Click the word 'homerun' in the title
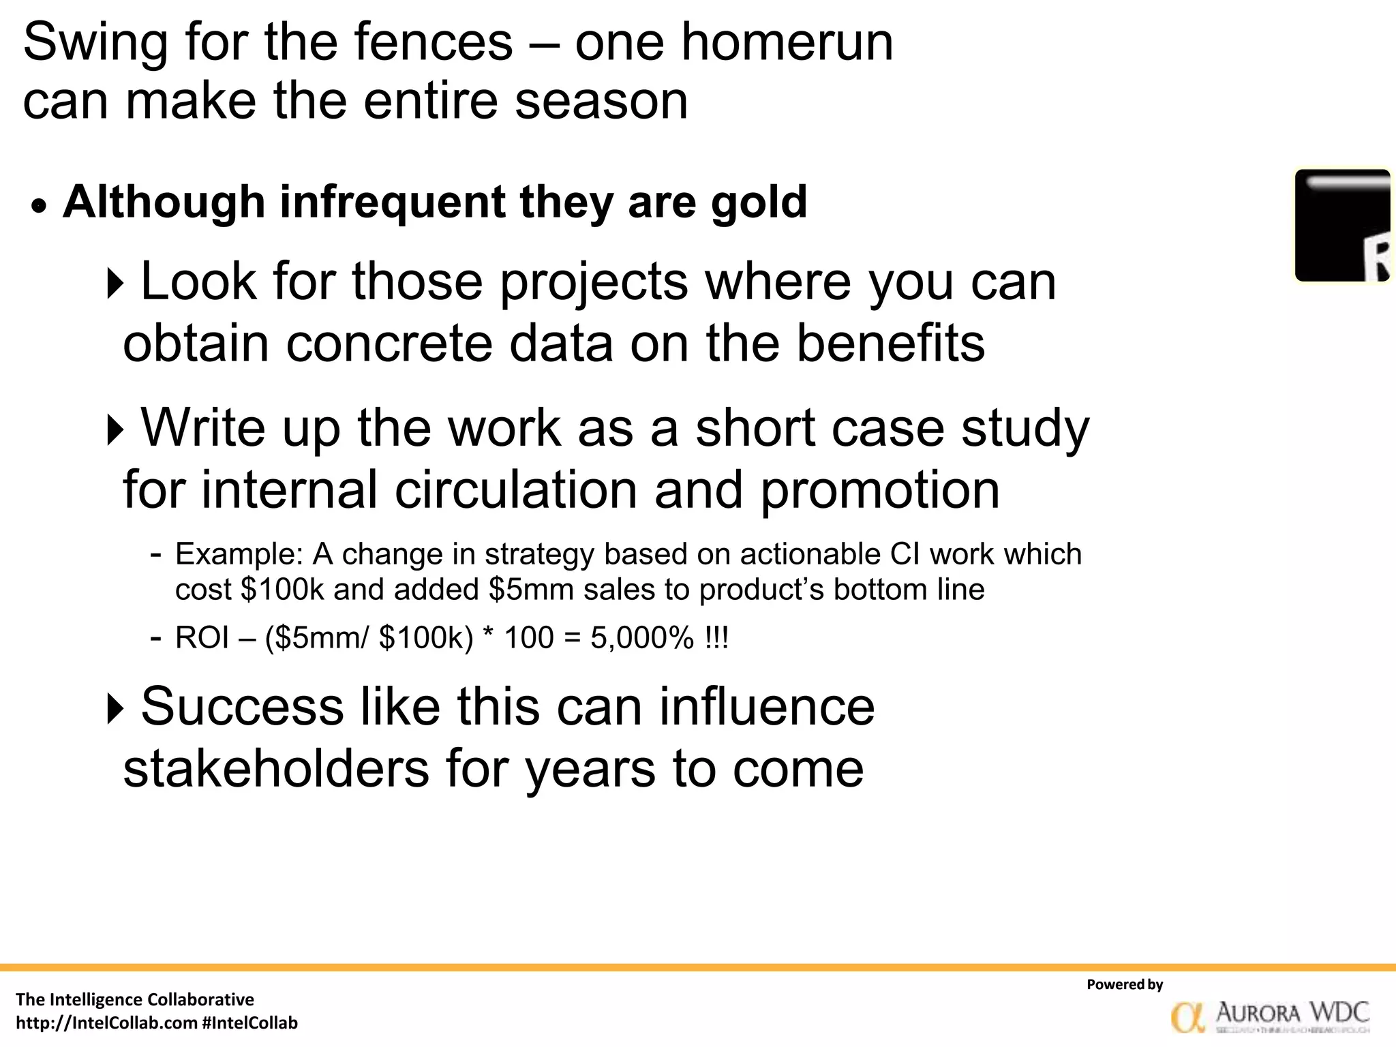click(787, 42)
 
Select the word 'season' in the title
click(601, 101)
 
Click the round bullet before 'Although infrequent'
click(40, 206)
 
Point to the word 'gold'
click(759, 202)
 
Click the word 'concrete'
click(389, 343)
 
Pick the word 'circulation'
click(516, 489)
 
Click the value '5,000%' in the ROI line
click(641, 638)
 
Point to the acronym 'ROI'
click(202, 638)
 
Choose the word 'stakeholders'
click(276, 768)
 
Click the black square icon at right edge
click(1342, 225)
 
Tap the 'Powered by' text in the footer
click(1125, 984)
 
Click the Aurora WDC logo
click(1269, 1016)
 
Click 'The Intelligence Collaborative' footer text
click(134, 1000)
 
